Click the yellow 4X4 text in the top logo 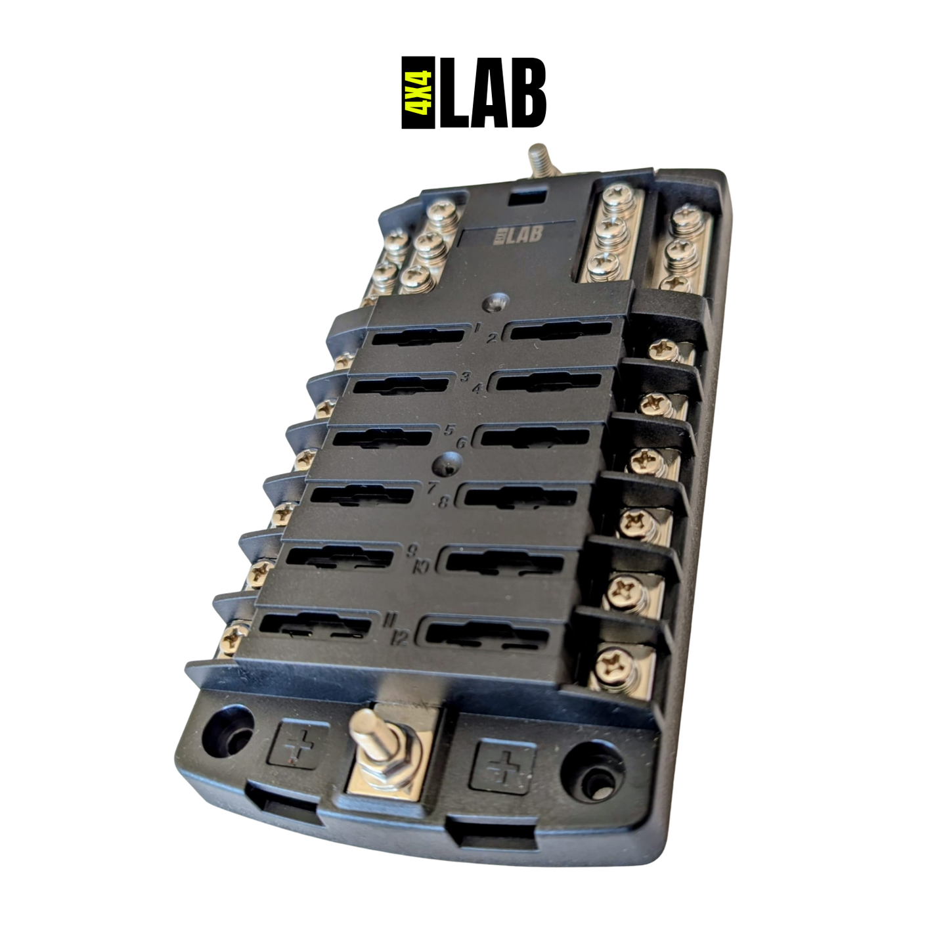tap(418, 92)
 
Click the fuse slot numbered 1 tap(418, 338)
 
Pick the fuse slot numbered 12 tap(487, 634)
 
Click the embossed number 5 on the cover tap(449, 431)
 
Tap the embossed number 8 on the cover tap(443, 502)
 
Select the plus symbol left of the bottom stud tap(298, 745)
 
